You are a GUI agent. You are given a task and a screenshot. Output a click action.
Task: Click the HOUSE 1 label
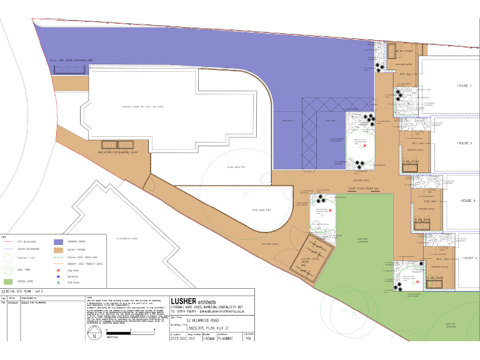pyautogui.click(x=464, y=86)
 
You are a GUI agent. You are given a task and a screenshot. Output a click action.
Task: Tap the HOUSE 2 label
pyautogui.click(x=464, y=143)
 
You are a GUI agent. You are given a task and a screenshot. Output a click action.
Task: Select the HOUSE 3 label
pyautogui.click(x=467, y=201)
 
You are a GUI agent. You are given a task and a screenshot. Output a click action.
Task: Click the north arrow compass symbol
pyautogui.click(x=94, y=336)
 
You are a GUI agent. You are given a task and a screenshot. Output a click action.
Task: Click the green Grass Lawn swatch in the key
pyautogui.click(x=8, y=282)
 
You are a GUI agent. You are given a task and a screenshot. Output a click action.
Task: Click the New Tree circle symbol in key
pyautogui.click(x=7, y=270)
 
